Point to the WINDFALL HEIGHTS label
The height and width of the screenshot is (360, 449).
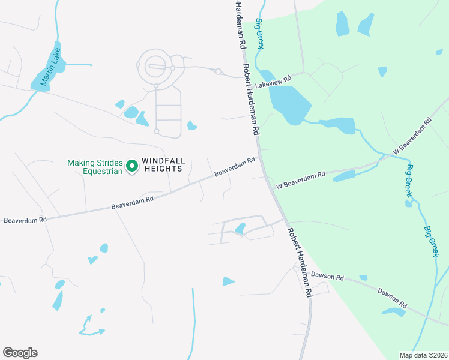(x=161, y=165)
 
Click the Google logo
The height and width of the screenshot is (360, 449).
(x=20, y=353)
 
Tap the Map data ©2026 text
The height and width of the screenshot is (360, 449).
(x=423, y=355)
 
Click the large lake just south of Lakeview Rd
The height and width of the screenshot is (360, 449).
(x=290, y=104)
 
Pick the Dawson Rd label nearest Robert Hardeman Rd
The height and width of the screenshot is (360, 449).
(x=327, y=276)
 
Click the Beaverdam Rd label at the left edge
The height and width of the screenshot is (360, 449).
(x=25, y=220)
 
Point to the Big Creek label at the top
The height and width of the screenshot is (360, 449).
(x=260, y=33)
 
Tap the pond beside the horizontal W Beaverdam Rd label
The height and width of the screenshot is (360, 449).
(x=344, y=176)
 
